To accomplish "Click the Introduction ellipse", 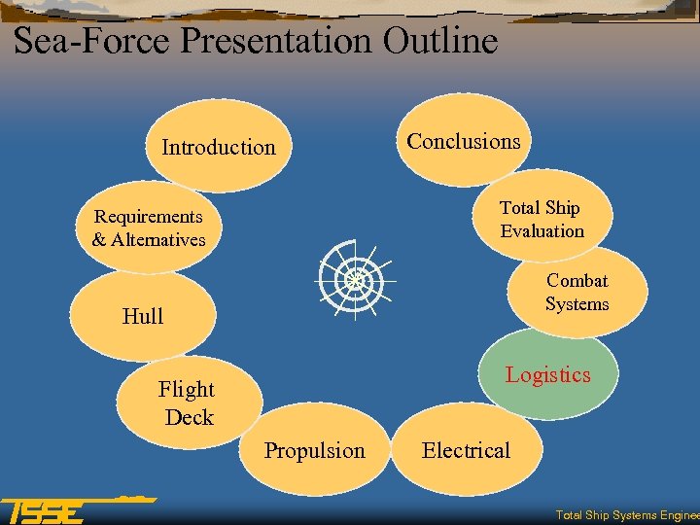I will (218, 148).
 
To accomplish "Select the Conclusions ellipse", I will (464, 142).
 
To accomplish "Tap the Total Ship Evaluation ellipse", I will (542, 219).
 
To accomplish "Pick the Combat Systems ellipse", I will (577, 292).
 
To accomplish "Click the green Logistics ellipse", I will (548, 375).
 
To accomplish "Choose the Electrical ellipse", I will (466, 451).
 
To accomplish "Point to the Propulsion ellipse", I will (315, 451).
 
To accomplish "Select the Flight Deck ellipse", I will (189, 402).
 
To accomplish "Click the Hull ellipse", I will (143, 316).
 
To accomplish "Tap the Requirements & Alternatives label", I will (149, 227).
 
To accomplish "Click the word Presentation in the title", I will (277, 41).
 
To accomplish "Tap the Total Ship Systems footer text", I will (626, 515).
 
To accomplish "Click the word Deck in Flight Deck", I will (189, 417).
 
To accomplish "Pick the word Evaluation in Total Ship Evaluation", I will (542, 231).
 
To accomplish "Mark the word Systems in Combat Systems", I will (577, 304).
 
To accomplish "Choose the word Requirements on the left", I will (149, 216).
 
